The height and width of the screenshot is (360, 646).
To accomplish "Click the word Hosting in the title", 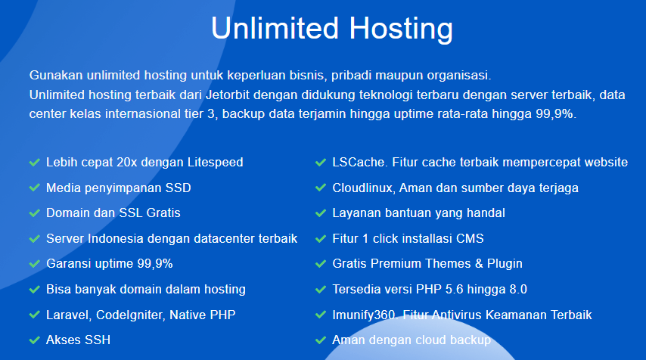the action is [401, 29].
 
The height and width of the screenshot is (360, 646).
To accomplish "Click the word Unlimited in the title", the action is [275, 28].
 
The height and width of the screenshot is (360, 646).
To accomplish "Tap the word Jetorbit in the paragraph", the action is [228, 95].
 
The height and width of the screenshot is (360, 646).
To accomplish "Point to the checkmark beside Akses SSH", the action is [34, 340].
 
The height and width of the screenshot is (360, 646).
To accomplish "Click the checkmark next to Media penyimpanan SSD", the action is [34, 188].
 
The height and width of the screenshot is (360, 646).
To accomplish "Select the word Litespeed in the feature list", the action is [215, 163].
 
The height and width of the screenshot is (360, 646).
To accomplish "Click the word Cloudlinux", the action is [363, 188].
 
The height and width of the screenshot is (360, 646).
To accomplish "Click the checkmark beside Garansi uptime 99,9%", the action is [34, 264].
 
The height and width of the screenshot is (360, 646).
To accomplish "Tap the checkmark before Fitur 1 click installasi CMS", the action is [321, 239].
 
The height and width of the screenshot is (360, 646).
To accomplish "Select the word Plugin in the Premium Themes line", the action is [505, 264].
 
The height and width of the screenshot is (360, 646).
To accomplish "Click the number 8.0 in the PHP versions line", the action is [518, 289].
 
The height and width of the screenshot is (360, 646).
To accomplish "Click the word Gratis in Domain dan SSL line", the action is [163, 213].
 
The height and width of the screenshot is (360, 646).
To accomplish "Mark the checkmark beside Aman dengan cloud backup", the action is [321, 340].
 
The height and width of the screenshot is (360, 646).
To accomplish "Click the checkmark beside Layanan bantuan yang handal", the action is [321, 213].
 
